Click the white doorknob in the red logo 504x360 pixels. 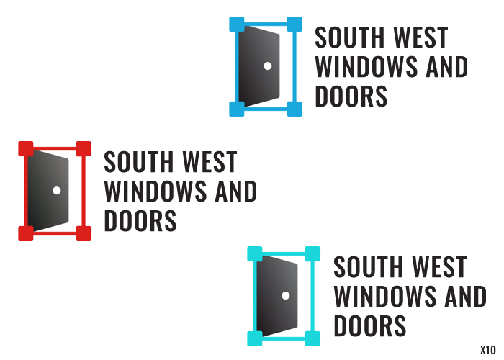(56, 190)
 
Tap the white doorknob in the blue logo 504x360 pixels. (267, 66)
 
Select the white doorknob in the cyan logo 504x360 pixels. (285, 296)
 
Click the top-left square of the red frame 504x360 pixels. (25, 149)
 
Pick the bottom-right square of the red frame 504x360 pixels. (84, 233)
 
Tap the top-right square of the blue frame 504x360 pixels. (294, 24)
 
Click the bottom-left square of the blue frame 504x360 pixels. (237, 109)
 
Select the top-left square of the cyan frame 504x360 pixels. (255, 253)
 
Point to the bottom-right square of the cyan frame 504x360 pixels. (312, 338)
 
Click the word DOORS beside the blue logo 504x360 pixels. (351, 96)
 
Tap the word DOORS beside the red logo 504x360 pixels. (140, 221)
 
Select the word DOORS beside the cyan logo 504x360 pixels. (370, 325)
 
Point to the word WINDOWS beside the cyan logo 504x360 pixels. (385, 296)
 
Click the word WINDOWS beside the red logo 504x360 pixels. (156, 192)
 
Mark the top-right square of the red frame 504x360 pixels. (84, 149)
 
